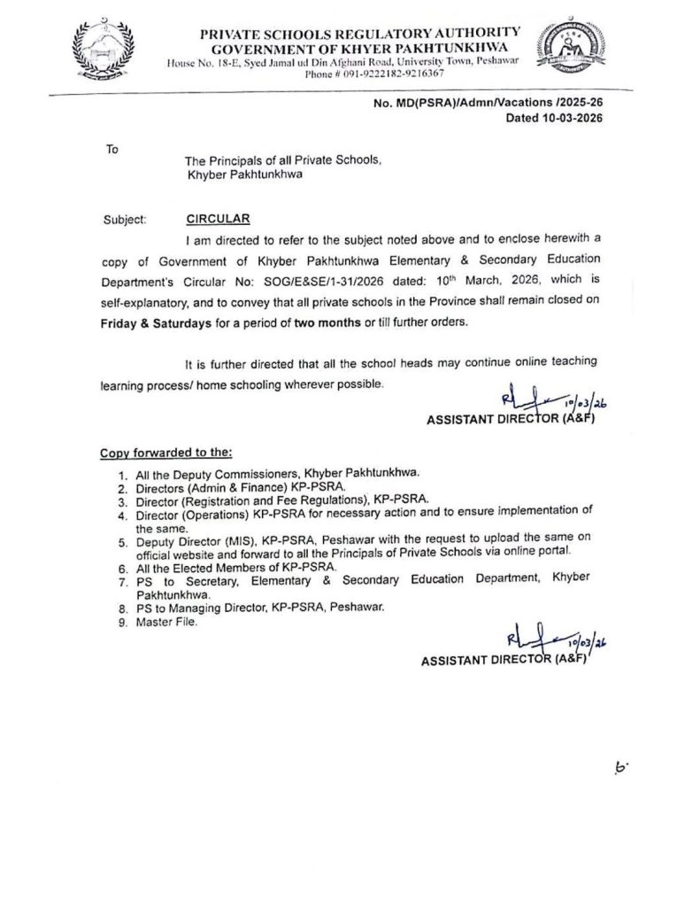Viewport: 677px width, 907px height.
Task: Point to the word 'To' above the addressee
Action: [x=112, y=149]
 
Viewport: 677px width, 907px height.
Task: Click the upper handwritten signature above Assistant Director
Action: [x=549, y=400]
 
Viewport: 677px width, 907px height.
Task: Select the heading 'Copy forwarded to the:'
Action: [x=165, y=453]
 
